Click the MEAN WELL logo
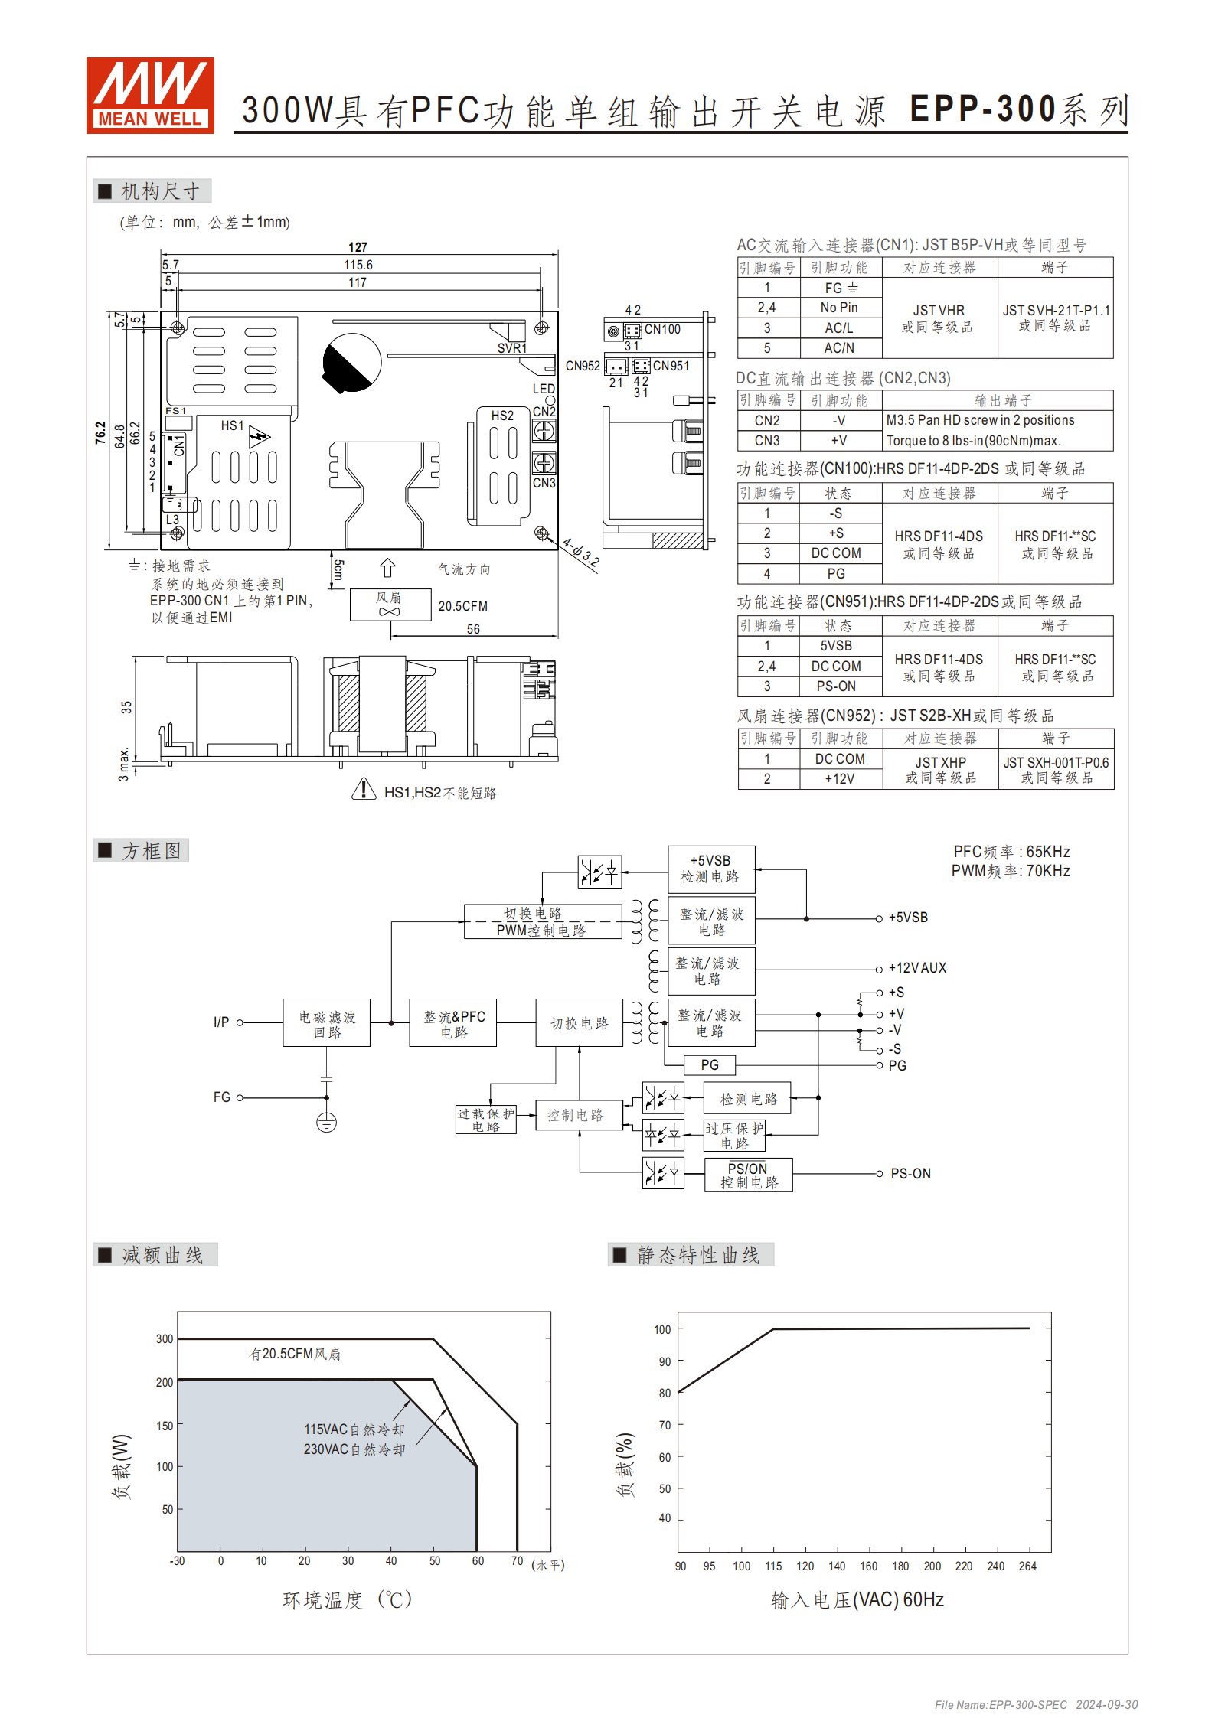pos(150,96)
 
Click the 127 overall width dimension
pos(358,247)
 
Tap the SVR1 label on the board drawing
pos(511,348)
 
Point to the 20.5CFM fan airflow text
pos(462,606)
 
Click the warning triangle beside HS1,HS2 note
pos(364,789)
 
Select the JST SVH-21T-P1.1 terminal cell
pos(1055,318)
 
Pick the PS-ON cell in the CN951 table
pos(836,686)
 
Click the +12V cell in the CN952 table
pos(839,779)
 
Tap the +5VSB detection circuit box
pos(710,869)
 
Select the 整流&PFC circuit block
pos(453,1023)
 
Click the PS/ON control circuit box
pos(748,1175)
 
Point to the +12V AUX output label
pos(917,968)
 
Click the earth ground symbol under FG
pos(326,1123)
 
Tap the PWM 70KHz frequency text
pos(1011,871)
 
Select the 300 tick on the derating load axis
pos(165,1339)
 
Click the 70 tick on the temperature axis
pos(517,1561)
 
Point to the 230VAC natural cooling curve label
pos(354,1449)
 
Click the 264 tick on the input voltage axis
pos(1027,1566)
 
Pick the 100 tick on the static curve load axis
pos(662,1330)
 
